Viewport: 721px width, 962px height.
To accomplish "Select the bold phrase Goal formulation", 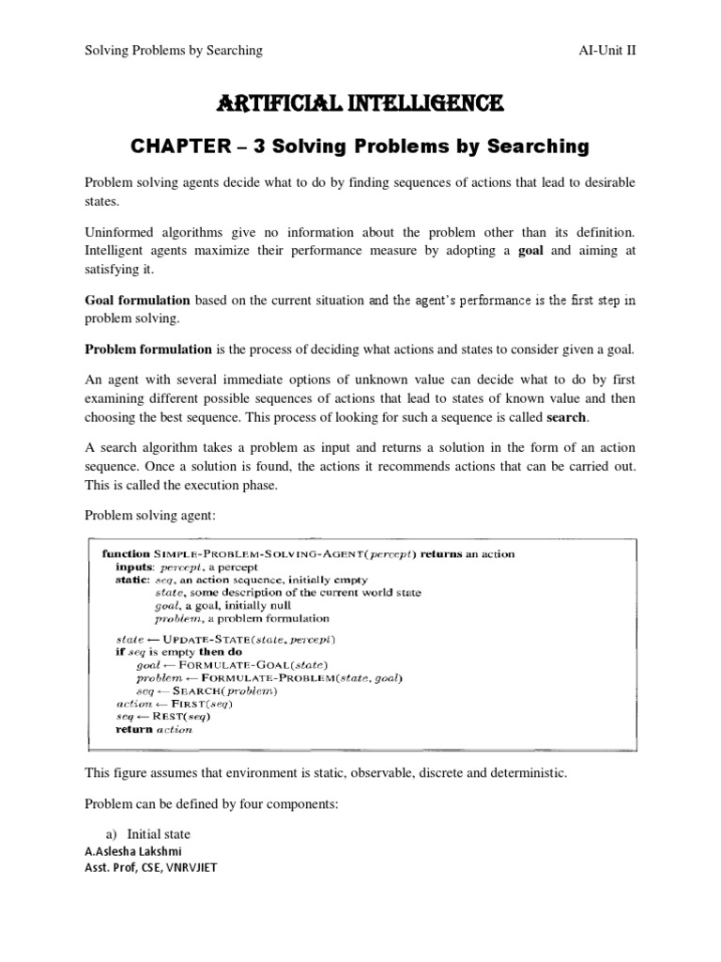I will point(137,300).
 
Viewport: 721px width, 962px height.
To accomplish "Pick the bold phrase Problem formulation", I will point(148,350).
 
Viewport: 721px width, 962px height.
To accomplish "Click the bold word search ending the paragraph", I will point(568,418).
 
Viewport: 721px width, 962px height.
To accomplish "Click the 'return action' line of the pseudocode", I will point(153,729).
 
